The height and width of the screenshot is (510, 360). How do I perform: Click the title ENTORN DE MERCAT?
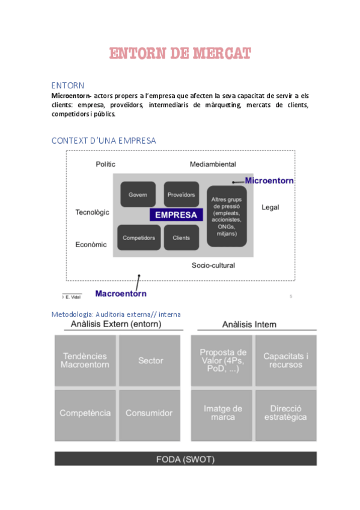click(180, 54)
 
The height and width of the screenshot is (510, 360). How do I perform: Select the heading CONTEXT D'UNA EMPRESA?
click(103, 140)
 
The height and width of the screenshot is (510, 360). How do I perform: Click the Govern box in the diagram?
click(138, 195)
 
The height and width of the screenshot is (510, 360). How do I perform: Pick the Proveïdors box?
click(181, 195)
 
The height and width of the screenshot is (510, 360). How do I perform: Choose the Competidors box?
click(139, 238)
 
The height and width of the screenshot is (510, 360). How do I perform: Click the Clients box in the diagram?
click(181, 238)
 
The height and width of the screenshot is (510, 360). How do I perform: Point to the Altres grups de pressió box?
click(227, 215)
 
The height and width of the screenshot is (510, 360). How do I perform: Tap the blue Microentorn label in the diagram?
click(269, 180)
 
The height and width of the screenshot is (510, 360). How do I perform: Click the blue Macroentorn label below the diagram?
click(121, 293)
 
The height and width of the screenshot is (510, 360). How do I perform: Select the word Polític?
click(105, 164)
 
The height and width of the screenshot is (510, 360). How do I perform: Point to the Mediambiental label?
click(213, 164)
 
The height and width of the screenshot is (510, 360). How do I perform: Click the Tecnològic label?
click(92, 212)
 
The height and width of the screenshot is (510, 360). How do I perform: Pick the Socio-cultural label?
click(213, 265)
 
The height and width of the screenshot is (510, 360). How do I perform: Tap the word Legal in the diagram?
click(270, 207)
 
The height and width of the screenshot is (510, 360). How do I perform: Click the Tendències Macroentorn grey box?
click(85, 360)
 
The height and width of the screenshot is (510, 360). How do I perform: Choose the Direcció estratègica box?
click(285, 413)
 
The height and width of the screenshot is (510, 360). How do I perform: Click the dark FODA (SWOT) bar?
click(185, 458)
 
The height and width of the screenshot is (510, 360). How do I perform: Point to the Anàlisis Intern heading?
click(249, 325)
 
